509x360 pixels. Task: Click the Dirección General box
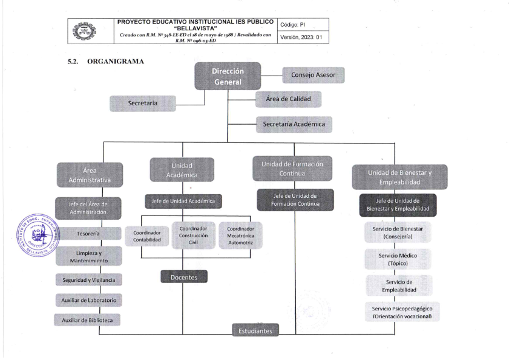[227, 76]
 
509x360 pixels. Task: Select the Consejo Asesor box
[314, 75]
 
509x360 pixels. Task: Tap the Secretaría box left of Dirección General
[143, 103]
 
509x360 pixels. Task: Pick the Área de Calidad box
[288, 99]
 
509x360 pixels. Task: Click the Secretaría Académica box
[294, 125]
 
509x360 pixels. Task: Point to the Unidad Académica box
[182, 170]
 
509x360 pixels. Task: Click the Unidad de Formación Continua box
[292, 169]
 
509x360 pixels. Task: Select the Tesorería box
[89, 234]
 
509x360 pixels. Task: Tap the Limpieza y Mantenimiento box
[89, 256]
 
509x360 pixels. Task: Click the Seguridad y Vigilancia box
[89, 280]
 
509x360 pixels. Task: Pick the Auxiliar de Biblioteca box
[89, 319]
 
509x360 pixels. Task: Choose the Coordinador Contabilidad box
[147, 237]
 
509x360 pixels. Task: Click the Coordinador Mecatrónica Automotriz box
[240, 236]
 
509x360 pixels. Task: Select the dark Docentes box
[183, 277]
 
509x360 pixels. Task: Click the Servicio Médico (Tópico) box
[398, 260]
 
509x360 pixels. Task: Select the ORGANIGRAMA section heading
[116, 61]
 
